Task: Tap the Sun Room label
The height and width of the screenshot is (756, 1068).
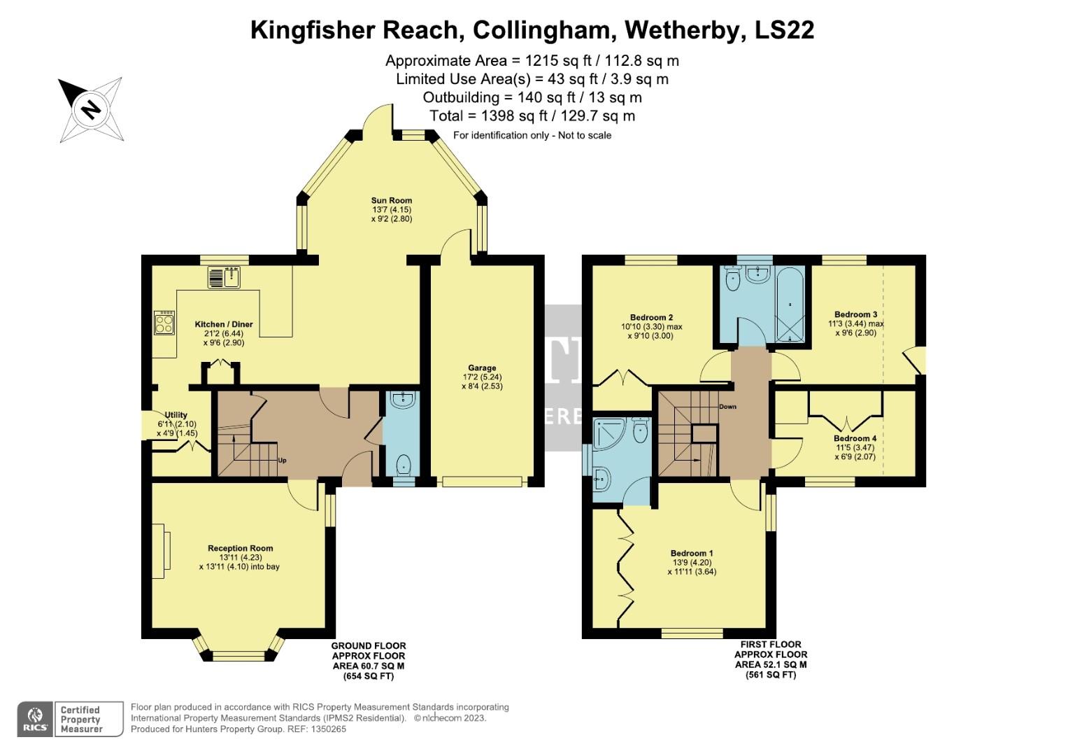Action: pos(392,200)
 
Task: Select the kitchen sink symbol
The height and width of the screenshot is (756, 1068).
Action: pos(224,278)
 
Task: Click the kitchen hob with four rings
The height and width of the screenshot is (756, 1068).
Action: pos(164,323)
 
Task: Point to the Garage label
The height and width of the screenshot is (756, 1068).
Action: pos(482,367)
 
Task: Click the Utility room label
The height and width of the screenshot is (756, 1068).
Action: pos(176,415)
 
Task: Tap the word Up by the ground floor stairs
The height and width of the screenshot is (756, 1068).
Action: pos(283,461)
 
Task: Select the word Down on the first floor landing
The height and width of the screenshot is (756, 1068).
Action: pos(727,407)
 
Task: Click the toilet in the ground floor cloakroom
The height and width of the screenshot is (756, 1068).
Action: pos(404,465)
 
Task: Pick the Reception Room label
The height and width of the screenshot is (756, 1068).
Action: pos(240,548)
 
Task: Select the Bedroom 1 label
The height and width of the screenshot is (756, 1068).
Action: pos(692,553)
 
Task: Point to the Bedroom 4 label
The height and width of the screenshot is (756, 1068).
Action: pos(855,438)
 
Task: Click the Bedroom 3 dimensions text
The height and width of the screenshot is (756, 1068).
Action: pos(855,328)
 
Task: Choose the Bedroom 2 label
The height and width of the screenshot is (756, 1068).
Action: pos(651,317)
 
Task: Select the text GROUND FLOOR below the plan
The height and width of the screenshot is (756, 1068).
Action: pos(368,646)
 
